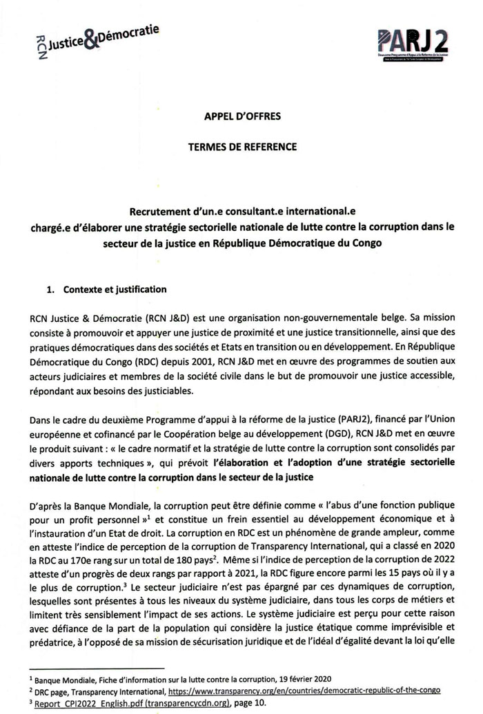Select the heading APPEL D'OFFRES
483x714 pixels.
tap(241, 116)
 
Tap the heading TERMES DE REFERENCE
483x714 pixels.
tap(241, 147)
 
